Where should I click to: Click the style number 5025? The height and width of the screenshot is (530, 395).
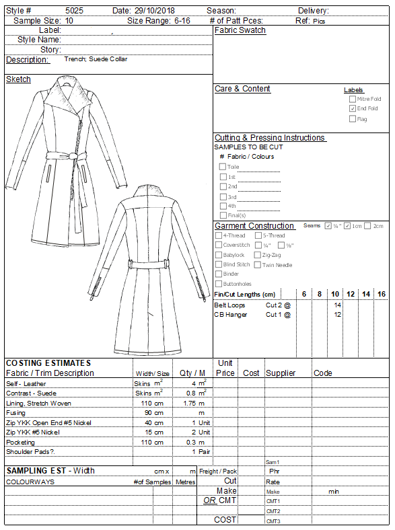pyautogui.click(x=75, y=11)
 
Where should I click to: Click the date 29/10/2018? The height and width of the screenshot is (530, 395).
pyautogui.click(x=154, y=11)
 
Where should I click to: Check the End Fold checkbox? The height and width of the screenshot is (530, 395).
pyautogui.click(x=353, y=108)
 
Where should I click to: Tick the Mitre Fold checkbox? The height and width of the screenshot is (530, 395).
pyautogui.click(x=353, y=98)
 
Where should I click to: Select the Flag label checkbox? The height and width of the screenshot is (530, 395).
pyautogui.click(x=353, y=119)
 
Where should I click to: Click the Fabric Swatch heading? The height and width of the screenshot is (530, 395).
pyautogui.click(x=240, y=30)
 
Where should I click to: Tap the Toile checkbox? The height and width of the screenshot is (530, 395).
pyautogui.click(x=223, y=167)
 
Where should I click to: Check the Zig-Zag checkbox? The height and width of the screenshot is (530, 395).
pyautogui.click(x=258, y=255)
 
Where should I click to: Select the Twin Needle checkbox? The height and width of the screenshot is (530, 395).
pyautogui.click(x=258, y=265)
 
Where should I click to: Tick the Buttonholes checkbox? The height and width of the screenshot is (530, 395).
pyautogui.click(x=219, y=284)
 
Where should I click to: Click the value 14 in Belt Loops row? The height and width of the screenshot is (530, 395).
pyautogui.click(x=338, y=305)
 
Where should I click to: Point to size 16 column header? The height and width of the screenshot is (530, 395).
pyautogui.click(x=382, y=295)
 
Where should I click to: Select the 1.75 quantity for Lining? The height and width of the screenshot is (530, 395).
pyautogui.click(x=189, y=403)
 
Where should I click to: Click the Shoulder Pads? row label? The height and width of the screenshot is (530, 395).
pyautogui.click(x=30, y=452)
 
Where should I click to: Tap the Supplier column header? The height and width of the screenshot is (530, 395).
pyautogui.click(x=281, y=373)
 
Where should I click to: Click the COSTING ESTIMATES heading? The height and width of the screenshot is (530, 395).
pyautogui.click(x=48, y=363)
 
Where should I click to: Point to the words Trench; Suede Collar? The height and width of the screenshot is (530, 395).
pyautogui.click(x=96, y=59)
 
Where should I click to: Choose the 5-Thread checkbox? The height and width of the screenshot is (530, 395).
pyautogui.click(x=258, y=235)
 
